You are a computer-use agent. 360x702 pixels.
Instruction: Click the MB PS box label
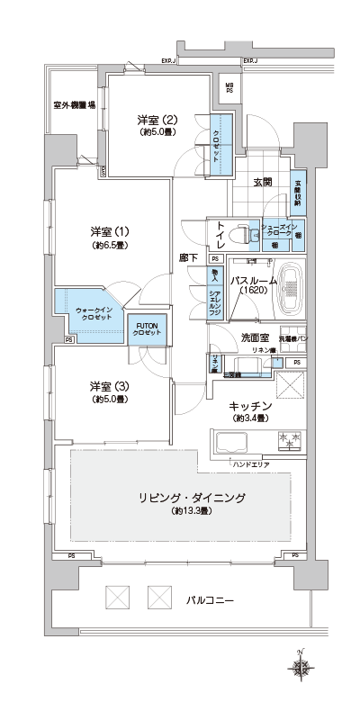pyautogui.click(x=229, y=87)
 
